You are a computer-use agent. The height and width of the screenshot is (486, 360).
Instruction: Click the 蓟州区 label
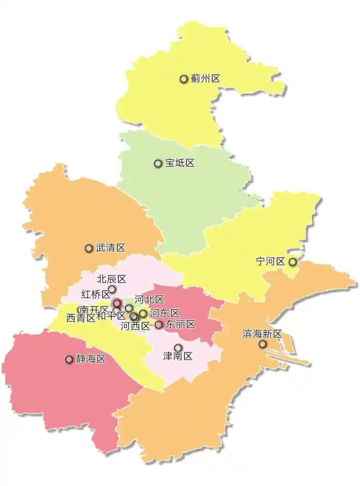tap(205, 79)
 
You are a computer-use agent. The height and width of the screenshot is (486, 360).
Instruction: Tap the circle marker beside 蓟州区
tap(183, 79)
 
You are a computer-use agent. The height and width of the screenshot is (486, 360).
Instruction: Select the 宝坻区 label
tap(180, 163)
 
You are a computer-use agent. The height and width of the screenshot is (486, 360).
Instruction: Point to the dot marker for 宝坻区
tap(158, 163)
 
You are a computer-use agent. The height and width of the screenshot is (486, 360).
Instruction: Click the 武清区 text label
tap(111, 248)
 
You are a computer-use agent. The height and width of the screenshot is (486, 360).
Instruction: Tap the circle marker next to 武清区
tap(89, 248)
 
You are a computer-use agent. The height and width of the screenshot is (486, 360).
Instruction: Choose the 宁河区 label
tap(270, 261)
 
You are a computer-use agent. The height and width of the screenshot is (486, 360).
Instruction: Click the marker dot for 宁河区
tap(292, 261)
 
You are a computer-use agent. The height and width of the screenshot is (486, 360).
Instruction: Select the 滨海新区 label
tap(262, 334)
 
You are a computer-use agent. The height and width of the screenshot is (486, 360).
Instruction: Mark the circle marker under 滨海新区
tap(263, 344)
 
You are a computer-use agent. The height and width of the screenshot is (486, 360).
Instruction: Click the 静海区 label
tap(91, 359)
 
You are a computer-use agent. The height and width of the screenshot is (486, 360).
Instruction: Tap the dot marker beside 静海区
tap(69, 359)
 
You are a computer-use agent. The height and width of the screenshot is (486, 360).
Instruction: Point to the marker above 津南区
tap(178, 348)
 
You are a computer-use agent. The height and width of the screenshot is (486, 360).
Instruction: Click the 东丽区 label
tap(180, 324)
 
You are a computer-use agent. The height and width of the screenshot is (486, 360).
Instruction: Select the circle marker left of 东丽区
tap(159, 324)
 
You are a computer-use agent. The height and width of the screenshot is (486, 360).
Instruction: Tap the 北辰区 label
tap(112, 279)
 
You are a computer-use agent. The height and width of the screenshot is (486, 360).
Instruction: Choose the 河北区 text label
tap(149, 300)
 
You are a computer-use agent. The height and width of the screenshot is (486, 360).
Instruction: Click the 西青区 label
tap(80, 318)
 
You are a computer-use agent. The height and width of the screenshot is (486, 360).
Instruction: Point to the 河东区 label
tap(164, 313)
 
